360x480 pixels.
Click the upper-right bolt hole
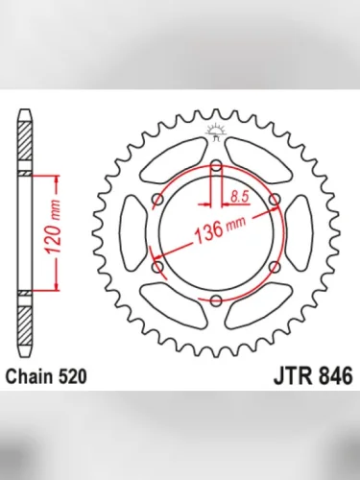tap(275, 200)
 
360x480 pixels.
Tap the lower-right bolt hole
tap(275, 267)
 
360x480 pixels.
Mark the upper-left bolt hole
tap(156, 200)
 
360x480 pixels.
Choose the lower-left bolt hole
tap(156, 267)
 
